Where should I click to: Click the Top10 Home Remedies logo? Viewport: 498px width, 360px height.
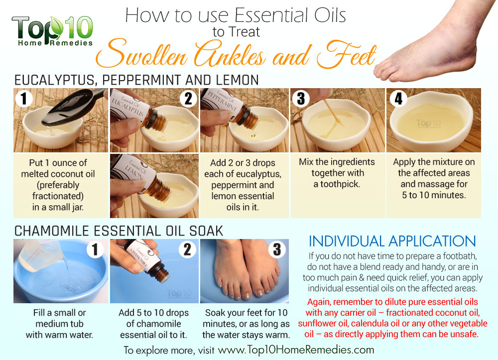[x=52, y=31]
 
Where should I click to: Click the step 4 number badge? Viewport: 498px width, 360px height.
[x=398, y=99]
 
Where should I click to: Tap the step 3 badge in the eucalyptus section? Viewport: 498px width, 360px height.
[x=301, y=99]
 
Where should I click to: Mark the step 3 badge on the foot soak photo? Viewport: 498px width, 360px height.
[x=277, y=249]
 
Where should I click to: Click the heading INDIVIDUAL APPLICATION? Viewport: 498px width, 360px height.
[x=392, y=241]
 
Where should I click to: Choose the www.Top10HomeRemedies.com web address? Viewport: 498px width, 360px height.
[x=296, y=350]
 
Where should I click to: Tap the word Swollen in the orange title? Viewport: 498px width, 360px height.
[x=141, y=54]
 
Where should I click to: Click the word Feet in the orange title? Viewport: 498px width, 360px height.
[x=346, y=54]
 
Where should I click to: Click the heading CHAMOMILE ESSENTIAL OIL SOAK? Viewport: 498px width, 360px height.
[x=119, y=231]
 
